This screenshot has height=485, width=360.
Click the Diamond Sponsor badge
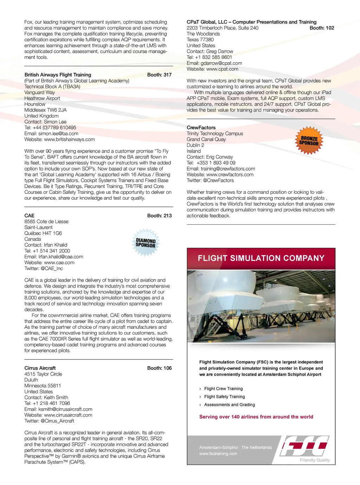pyautogui.click(x=146, y=243)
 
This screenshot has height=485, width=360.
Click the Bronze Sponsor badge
pyautogui.click(x=309, y=141)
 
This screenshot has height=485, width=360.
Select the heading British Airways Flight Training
pyautogui.click(x=58, y=75)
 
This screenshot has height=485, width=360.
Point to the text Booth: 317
pyautogui.click(x=159, y=75)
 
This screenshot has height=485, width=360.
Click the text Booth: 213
pyautogui.click(x=159, y=216)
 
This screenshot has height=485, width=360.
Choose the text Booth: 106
pyautogui.click(x=159, y=368)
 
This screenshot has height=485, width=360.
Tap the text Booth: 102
pyautogui.click(x=322, y=28)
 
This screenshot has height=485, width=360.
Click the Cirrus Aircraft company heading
pyautogui.click(x=40, y=368)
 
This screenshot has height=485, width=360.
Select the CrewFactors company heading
pyautogui.click(x=201, y=128)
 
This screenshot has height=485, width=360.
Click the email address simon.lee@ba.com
pyautogui.click(x=58, y=134)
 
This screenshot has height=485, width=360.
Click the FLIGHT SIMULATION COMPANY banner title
pyautogui.click(x=261, y=258)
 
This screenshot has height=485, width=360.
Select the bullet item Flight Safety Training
pyautogui.click(x=224, y=397)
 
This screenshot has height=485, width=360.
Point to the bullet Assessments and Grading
pyautogui.click(x=229, y=405)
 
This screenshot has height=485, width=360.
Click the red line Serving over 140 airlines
pyautogui.click(x=256, y=417)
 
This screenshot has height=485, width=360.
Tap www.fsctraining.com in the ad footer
pyautogui.click(x=218, y=454)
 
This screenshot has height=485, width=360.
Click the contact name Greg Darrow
pyautogui.click(x=219, y=51)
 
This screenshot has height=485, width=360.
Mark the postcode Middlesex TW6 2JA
pyautogui.click(x=45, y=110)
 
